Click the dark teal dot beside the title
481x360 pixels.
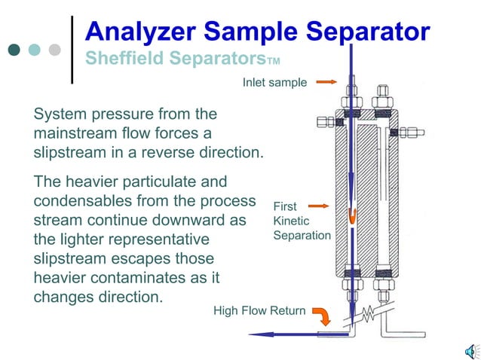tap(14, 50)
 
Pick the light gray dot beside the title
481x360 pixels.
tap(54, 50)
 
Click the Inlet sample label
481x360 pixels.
tap(274, 82)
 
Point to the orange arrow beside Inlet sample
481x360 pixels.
tap(326, 81)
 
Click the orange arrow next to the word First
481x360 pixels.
tap(319, 206)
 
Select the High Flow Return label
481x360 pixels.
tap(259, 310)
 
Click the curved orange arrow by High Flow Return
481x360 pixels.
tap(322, 313)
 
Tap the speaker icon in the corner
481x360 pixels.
tap(470, 350)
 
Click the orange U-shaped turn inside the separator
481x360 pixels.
tap(352, 215)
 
